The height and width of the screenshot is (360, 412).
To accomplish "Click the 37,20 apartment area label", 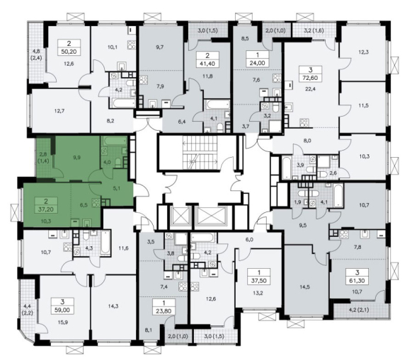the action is pos(46,209).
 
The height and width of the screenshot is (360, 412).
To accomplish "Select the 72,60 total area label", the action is pos(311,78).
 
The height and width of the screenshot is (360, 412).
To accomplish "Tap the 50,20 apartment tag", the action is pos(69,52).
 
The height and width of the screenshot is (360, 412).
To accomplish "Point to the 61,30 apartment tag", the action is pos(357,281).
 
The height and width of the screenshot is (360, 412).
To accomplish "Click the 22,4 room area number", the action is pos(311,89).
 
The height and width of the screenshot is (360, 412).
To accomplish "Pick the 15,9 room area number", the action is pos(63,322).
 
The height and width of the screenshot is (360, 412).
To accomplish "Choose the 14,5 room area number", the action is pos(304,287).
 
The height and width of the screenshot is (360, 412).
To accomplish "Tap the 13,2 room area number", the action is pos(258,292).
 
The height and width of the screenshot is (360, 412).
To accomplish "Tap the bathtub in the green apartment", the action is pos(114,141).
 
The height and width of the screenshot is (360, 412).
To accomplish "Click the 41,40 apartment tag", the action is pos(207,64).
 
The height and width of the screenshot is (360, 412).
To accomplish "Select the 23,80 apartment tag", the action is pos(164,311).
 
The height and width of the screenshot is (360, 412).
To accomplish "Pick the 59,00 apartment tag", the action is pos(62,310).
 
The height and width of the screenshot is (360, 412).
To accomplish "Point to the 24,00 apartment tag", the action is pos(258,63).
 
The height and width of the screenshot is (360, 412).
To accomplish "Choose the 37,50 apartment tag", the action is pos(259,281).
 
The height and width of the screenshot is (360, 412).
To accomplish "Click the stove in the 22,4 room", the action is pos(304,122).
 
